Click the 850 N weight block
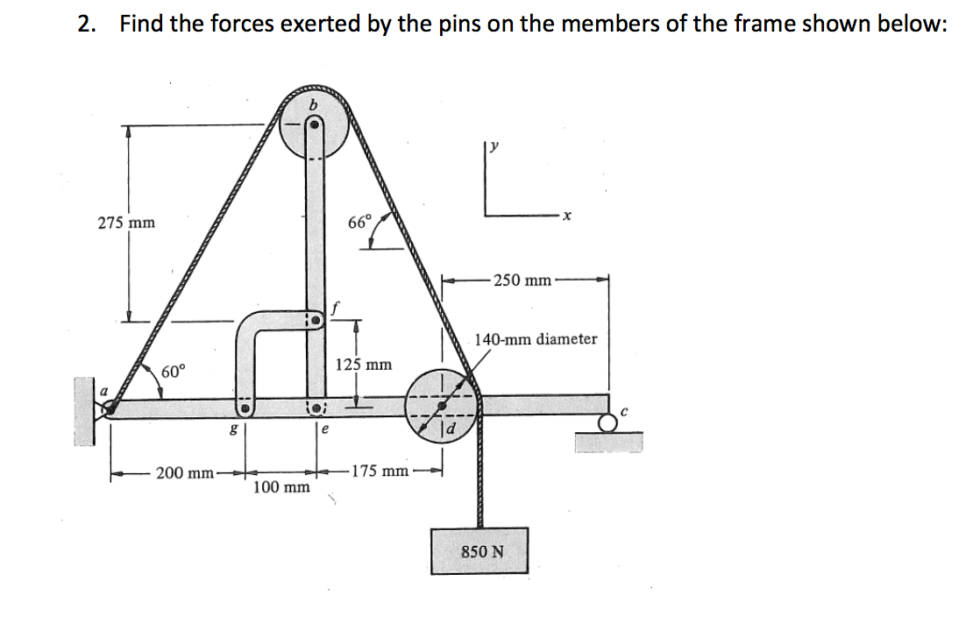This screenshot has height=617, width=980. click(x=481, y=550)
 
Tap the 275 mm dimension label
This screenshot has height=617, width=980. click(x=126, y=223)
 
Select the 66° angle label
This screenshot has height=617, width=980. click(x=359, y=221)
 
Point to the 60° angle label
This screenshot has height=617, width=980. click(x=173, y=371)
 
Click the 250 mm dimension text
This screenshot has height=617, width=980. click(x=522, y=280)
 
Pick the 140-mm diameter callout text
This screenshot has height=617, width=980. click(x=536, y=338)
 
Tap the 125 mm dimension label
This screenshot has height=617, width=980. click(x=364, y=364)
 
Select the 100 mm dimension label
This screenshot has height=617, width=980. click(x=281, y=486)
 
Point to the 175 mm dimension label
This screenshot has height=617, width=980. click(x=380, y=472)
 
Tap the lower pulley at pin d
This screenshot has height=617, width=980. click(x=441, y=402)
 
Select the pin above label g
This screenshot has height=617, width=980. click(x=247, y=408)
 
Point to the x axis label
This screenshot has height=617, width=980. click(x=567, y=219)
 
